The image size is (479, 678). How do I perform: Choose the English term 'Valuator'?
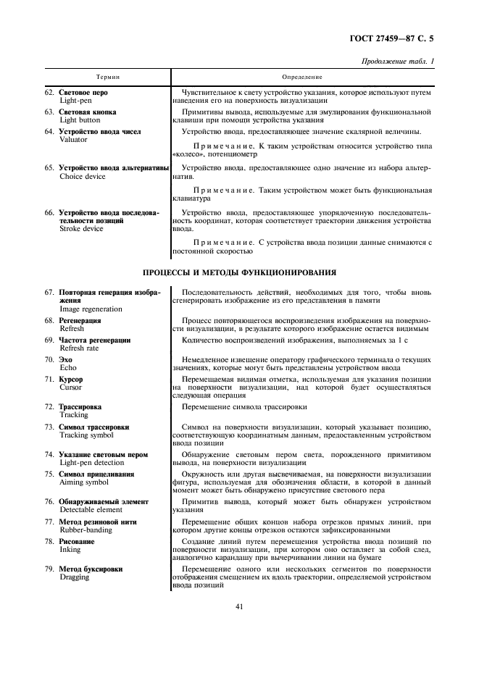[x=73, y=140]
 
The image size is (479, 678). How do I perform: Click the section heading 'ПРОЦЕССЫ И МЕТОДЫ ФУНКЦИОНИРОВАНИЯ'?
[x=239, y=273]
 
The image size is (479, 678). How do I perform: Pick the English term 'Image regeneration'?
[x=91, y=309]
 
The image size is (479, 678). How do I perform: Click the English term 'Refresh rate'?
[x=79, y=348]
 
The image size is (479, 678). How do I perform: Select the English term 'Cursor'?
[x=71, y=388]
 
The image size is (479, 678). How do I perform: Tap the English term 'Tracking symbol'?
[x=86, y=435]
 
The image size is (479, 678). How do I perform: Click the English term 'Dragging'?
[x=75, y=578]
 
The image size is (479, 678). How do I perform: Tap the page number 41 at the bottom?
[x=239, y=607]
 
